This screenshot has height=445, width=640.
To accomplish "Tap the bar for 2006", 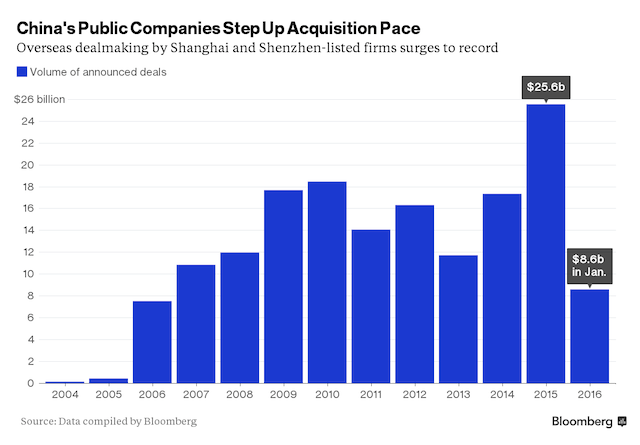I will click(151, 341).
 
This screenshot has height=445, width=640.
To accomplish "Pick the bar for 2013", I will click(457, 319).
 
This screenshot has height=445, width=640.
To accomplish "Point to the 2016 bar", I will click(589, 336).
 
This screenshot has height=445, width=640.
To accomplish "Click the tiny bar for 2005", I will click(107, 380).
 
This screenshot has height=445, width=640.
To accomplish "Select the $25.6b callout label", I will click(545, 88).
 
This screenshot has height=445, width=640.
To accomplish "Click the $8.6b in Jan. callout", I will click(589, 265).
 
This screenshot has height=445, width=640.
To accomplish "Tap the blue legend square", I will click(21, 70).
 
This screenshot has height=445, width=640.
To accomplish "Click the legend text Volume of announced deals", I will click(98, 70).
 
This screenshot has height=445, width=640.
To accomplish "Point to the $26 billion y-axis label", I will click(40, 100).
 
